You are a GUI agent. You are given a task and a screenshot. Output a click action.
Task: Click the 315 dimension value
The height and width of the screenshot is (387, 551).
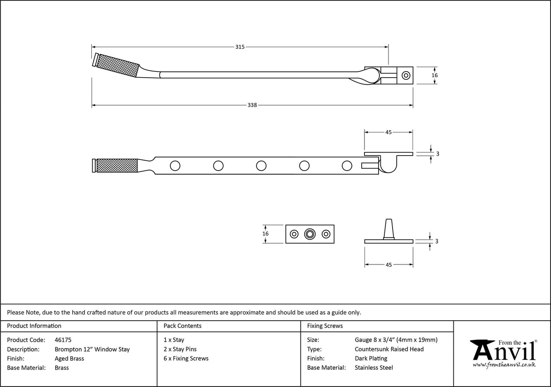click(240, 47)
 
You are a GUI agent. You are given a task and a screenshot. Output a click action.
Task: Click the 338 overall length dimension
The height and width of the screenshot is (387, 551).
click(252, 105)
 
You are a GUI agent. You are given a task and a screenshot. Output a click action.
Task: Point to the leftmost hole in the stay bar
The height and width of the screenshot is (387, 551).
click(175, 166)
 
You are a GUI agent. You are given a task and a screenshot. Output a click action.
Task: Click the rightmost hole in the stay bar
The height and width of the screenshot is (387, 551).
click(347, 166)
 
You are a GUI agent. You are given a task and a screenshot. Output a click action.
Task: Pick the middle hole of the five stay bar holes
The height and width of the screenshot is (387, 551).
click(261, 166)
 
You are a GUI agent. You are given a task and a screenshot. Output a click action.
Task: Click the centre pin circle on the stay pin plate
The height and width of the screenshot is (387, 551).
click(310, 234)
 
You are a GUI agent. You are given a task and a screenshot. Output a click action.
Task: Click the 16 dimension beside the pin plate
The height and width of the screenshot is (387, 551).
click(266, 234)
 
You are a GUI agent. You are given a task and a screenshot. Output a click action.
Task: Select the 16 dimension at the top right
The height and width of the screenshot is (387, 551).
click(434, 75)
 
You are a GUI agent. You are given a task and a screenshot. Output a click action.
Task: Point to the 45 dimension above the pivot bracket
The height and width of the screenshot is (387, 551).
click(389, 132)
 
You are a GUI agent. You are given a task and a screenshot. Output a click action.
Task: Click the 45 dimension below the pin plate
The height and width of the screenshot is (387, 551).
click(389, 265)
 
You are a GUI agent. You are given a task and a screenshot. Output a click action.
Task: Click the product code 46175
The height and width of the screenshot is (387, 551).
click(63, 340)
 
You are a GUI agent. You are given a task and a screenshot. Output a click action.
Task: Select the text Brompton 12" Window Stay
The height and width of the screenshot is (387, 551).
click(92, 349)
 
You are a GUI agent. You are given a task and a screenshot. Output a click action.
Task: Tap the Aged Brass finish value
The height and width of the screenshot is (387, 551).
click(69, 358)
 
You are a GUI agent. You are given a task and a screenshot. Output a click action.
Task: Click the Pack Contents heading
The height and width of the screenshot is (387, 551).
click(182, 326)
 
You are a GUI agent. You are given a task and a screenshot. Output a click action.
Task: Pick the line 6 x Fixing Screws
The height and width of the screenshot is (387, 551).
click(186, 358)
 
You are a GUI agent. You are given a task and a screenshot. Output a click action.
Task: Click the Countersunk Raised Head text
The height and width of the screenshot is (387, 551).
click(389, 349)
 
